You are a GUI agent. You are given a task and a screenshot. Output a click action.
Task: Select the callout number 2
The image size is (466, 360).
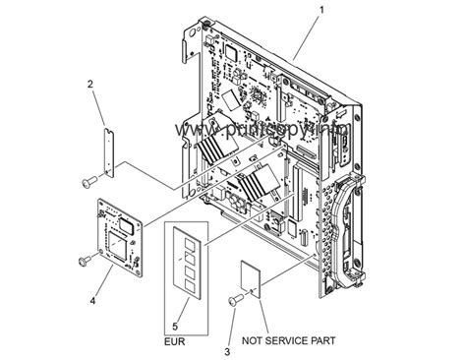90,86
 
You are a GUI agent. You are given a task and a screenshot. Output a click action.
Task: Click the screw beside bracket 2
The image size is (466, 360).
89,181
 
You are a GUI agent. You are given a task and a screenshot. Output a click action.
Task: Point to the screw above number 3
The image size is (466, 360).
236,299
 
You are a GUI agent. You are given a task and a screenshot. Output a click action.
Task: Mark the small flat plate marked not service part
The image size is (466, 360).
252,277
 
